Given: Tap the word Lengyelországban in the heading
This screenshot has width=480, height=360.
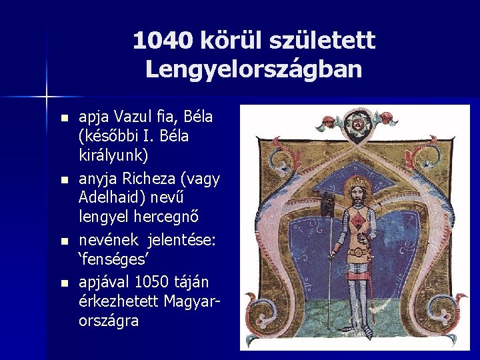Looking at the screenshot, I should point(253,69).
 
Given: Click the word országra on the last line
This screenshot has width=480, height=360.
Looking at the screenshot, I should point(109,320).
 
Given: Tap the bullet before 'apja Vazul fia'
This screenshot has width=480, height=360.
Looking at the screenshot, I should point(63,119).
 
